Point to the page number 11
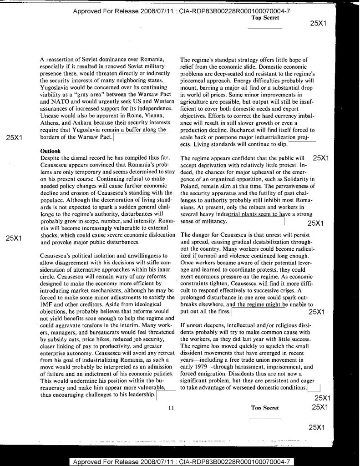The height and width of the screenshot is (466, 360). coord(171,408)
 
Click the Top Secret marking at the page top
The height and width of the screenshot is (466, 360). coord(264,18)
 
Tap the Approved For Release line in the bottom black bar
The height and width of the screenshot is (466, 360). coord(179,461)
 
